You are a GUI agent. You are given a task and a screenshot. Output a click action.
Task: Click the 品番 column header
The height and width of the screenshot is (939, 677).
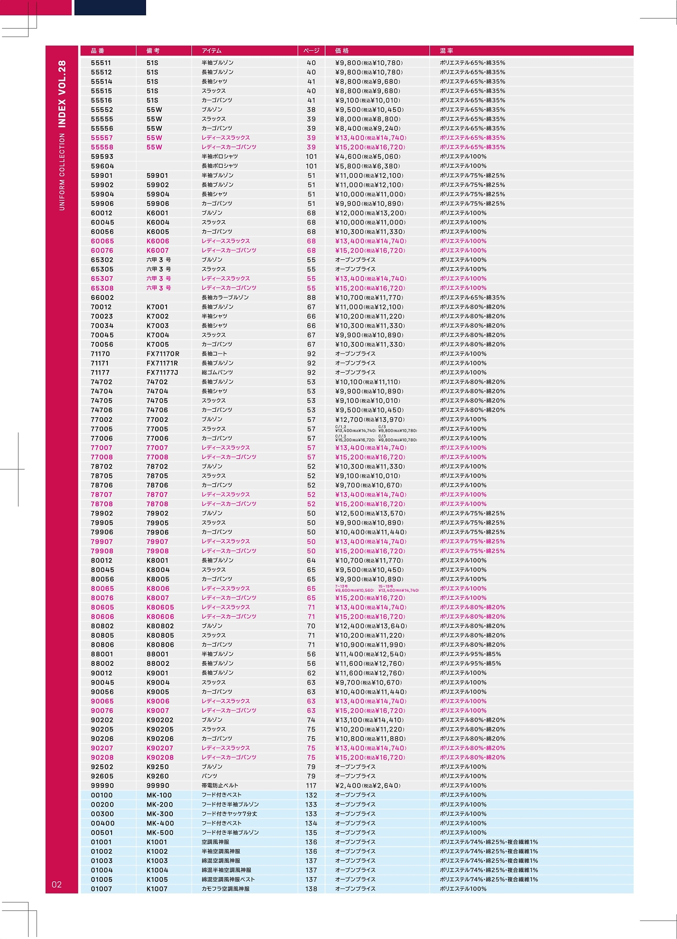[98, 51]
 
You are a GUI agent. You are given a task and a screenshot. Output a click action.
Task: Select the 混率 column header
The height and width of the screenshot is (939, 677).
[446, 51]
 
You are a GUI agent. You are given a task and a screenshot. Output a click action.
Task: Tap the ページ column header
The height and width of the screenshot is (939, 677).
[311, 51]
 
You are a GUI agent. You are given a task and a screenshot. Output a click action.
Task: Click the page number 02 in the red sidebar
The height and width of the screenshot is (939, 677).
[57, 884]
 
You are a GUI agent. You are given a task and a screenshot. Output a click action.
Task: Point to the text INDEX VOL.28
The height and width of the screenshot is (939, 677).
[62, 94]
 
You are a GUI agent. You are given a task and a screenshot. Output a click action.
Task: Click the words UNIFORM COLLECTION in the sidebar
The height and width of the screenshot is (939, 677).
[62, 171]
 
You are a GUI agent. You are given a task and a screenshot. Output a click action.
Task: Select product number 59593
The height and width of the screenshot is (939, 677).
[102, 157]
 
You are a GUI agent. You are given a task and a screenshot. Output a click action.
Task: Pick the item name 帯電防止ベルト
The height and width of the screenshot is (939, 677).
[220, 785]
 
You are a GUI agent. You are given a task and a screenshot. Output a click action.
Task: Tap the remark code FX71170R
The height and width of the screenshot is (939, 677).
[163, 354]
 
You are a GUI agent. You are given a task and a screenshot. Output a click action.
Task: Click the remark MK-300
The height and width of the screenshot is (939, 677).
[160, 814]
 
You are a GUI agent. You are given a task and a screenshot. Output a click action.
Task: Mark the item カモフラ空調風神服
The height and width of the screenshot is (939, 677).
[225, 889]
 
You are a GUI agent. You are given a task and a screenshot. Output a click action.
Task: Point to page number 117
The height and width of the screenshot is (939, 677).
[311, 785]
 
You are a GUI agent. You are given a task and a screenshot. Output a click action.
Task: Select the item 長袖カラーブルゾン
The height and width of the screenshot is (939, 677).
[225, 297]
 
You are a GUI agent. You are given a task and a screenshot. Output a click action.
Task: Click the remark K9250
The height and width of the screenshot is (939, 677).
[158, 767]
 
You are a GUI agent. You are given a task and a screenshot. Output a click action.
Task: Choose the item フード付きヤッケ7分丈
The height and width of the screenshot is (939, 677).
[230, 814]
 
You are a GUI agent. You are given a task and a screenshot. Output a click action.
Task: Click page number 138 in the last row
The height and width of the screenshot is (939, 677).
[311, 889]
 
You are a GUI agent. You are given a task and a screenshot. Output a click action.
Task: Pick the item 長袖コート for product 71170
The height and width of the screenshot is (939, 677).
[214, 354]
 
